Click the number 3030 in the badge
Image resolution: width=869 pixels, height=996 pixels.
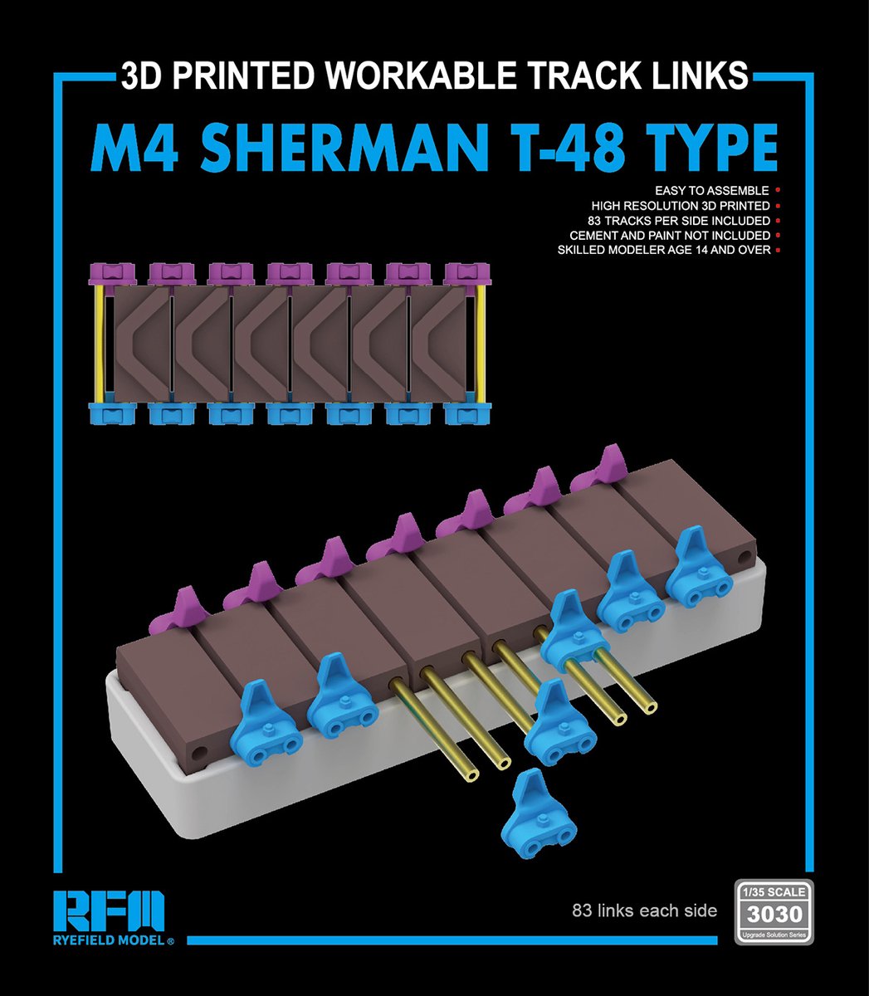[774, 915]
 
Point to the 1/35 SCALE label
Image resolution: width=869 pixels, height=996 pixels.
[774, 892]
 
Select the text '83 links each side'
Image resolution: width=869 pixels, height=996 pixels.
[644, 911]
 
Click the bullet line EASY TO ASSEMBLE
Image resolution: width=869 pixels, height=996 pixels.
[711, 191]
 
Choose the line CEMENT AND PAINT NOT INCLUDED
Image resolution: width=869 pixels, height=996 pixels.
[670, 236]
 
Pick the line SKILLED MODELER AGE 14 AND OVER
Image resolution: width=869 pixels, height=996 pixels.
[663, 250]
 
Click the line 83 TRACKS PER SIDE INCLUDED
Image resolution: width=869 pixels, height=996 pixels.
[678, 221]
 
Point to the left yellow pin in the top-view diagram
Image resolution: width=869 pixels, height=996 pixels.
[100, 344]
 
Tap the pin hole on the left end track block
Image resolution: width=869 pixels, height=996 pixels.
[198, 752]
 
